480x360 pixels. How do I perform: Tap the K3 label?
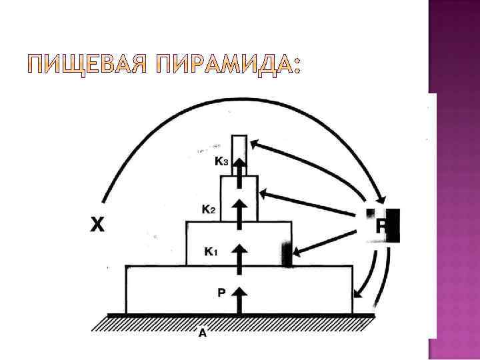(x=222, y=161)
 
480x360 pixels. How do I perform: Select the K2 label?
(x=208, y=209)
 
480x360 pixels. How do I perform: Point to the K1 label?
(x=210, y=251)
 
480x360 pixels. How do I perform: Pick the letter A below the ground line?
(x=203, y=333)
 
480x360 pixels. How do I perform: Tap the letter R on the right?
(x=381, y=226)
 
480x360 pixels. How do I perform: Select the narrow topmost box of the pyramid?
(x=239, y=148)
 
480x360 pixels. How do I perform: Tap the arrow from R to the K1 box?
(x=327, y=238)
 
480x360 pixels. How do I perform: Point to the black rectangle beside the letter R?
(x=394, y=225)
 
